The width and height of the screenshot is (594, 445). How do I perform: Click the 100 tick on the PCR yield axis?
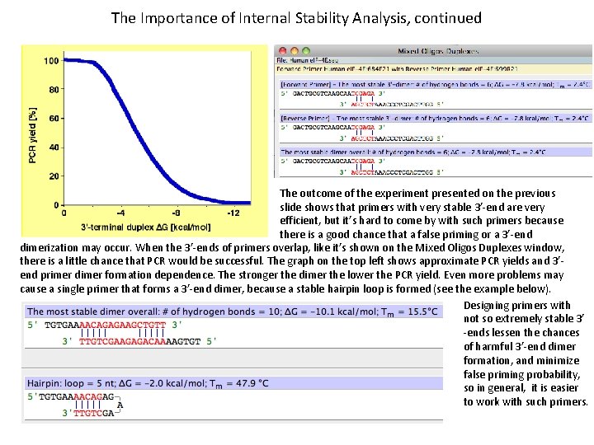click(x=50, y=60)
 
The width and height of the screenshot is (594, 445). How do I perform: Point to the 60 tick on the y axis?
click(x=53, y=118)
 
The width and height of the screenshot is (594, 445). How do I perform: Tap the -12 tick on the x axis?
click(x=233, y=213)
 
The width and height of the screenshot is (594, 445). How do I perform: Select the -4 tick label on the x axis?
click(x=120, y=213)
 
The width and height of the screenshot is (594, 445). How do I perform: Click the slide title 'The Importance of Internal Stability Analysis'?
click(x=296, y=17)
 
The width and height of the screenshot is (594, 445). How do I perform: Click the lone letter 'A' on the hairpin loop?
click(x=120, y=405)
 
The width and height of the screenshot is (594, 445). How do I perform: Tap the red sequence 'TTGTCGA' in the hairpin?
click(x=94, y=414)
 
